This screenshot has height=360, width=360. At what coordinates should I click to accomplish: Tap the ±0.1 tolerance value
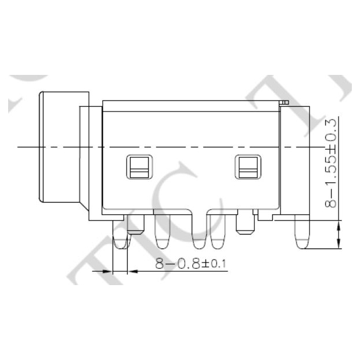214,265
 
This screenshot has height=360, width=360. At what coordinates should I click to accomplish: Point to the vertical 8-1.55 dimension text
332,185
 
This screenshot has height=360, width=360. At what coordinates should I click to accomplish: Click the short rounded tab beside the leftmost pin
135,225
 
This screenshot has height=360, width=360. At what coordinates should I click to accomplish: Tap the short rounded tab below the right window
245,224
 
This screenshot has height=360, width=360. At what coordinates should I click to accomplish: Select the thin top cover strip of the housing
192,105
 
